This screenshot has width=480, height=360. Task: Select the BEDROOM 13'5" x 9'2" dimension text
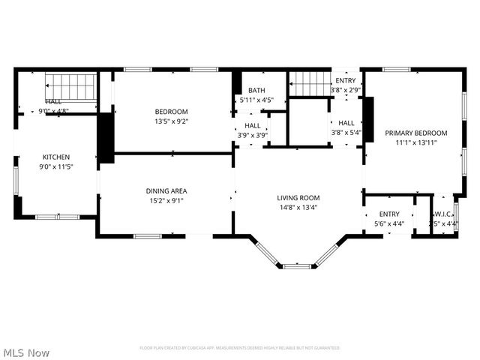click(x=172, y=121)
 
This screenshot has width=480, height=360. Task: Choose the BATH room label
click(x=256, y=91)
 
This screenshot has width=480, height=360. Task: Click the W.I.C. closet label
click(x=443, y=214)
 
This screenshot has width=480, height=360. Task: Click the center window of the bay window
click(x=297, y=265)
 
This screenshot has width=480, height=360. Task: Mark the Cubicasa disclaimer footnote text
click(x=240, y=348)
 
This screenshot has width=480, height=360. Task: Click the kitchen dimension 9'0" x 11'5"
click(x=55, y=166)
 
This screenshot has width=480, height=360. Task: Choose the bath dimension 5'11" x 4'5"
click(x=256, y=100)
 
